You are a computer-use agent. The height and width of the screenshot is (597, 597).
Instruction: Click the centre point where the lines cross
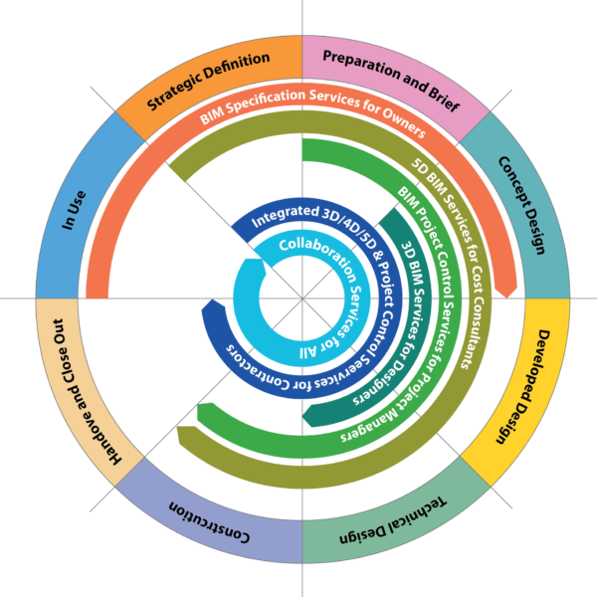pyautogui.click(x=299, y=298)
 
